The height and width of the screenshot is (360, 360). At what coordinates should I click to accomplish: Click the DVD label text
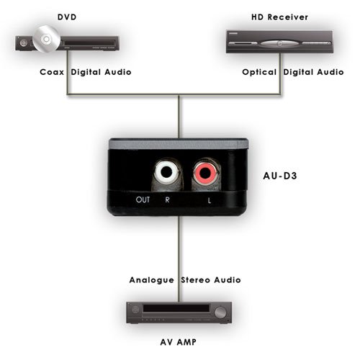tap(67, 17)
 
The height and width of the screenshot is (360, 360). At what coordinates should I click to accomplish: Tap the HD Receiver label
tap(279, 17)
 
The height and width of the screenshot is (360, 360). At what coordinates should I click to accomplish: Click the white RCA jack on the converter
tap(166, 172)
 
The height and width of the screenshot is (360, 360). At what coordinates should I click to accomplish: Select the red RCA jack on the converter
tap(205, 172)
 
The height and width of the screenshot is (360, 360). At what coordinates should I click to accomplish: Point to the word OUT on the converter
tap(143, 199)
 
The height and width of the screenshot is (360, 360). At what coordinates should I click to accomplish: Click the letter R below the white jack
tap(167, 199)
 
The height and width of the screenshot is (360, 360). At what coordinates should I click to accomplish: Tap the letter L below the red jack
tap(210, 200)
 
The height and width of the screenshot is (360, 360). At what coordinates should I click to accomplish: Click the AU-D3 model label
tap(280, 176)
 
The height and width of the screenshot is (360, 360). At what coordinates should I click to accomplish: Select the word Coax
tap(52, 72)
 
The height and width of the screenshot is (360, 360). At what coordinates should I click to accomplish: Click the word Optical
tap(259, 72)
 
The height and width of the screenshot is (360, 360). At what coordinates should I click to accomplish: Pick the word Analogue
tap(152, 280)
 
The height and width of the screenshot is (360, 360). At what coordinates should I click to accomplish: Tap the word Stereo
tap(196, 280)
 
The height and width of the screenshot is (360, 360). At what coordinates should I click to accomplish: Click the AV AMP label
tap(179, 342)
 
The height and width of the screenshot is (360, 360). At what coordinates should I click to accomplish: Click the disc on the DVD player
tap(46, 39)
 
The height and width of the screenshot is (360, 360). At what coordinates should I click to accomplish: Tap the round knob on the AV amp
tap(220, 312)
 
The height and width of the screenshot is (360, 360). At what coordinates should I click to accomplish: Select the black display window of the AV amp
tap(176, 308)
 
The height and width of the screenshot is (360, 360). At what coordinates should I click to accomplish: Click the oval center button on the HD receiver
tap(279, 44)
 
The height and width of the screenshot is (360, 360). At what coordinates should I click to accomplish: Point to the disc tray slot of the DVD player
tap(89, 43)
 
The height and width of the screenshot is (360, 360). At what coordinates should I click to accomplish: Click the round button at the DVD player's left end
tap(24, 43)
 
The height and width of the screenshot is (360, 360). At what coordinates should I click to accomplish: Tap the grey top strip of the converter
tap(179, 144)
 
